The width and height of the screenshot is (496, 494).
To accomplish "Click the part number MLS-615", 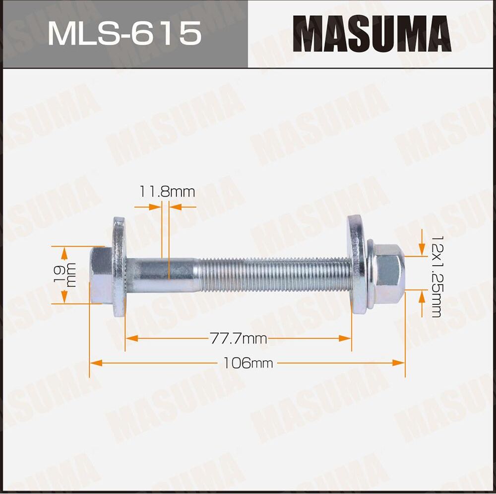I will coord(124,34).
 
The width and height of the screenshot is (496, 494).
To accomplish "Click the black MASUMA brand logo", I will coord(371,34).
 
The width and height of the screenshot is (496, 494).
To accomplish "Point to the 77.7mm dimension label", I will coord(238,339).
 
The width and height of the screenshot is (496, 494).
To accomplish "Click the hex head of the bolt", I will coord(101,275).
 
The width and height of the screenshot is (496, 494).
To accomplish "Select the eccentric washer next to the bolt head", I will coord(119,268).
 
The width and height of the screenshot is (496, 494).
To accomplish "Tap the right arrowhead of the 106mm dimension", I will coord(399,363).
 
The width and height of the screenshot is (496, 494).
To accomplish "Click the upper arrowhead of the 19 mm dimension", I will coord(64,252).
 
